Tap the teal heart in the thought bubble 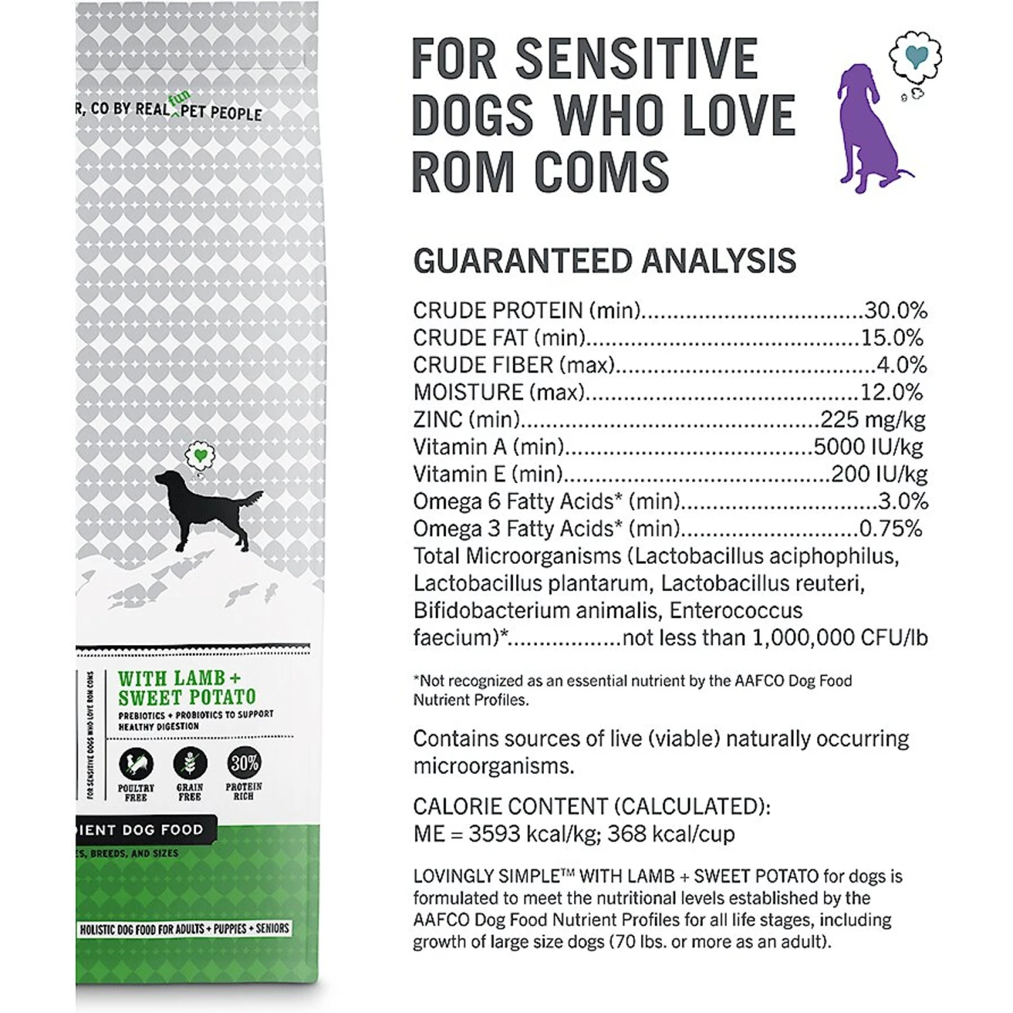tap(915, 57)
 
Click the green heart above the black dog tap(200, 455)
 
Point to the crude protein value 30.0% tap(895, 311)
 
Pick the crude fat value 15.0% tap(891, 338)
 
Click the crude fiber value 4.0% tap(902, 365)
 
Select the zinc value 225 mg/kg tap(873, 419)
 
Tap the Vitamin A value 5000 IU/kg tap(868, 447)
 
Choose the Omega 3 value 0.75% tap(890, 529)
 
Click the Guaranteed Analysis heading tap(604, 261)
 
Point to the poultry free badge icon tap(136, 764)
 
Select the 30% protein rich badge tap(244, 763)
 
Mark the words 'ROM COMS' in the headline tap(540, 172)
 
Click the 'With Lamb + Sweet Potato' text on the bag tap(186, 687)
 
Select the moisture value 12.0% tap(891, 392)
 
